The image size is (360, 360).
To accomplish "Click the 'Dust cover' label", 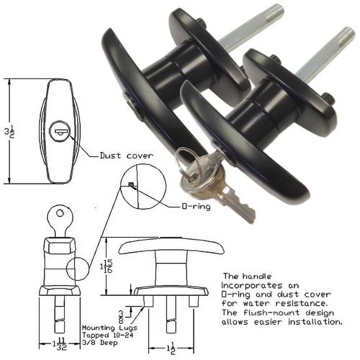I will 126,156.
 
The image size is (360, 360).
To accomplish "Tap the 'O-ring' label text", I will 196,207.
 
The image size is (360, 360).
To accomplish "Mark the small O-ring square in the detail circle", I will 131,185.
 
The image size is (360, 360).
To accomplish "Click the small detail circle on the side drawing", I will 77,269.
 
